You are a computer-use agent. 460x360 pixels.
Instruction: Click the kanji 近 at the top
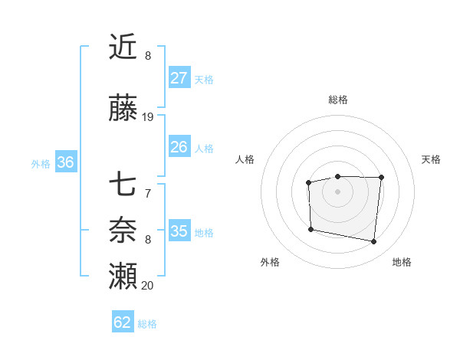123,47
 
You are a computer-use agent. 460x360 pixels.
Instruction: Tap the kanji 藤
123,110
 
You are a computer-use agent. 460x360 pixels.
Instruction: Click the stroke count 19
148,117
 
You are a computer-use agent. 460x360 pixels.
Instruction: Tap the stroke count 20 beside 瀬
148,285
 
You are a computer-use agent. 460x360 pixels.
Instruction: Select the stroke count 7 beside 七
148,193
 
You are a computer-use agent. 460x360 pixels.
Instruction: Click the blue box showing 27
179,78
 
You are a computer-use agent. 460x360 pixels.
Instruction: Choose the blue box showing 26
179,147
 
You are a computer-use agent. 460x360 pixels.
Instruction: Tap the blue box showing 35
179,231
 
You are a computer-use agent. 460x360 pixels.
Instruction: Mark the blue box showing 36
65,162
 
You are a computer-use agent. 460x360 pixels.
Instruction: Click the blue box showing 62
123,322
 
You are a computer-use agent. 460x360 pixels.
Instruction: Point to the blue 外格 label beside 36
41,163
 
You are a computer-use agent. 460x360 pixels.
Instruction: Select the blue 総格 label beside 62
148,324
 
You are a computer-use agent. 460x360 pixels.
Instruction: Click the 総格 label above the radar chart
338,100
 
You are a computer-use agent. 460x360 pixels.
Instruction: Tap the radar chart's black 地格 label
402,263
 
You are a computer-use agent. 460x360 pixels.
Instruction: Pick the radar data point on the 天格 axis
381,178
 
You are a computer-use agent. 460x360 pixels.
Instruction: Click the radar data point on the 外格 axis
310,229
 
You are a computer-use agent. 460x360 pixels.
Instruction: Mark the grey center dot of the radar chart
338,191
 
